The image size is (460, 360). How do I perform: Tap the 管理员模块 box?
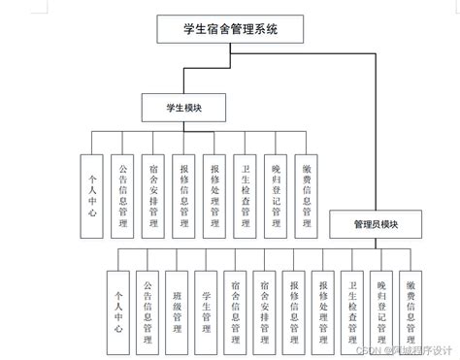(x=376, y=224)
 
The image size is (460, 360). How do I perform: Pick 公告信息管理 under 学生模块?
(x=122, y=195)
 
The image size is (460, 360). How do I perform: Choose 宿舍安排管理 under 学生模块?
(x=153, y=195)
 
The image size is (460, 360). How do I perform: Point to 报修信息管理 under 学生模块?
(x=184, y=195)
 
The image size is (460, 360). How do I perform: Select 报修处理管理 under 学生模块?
(x=214, y=195)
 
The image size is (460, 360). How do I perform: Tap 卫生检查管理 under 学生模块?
(x=246, y=195)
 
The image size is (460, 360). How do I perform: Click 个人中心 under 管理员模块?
(x=119, y=310)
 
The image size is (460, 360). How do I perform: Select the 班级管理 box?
(x=178, y=310)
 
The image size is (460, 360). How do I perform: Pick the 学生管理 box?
(x=207, y=310)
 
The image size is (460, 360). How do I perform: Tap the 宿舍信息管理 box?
(x=236, y=310)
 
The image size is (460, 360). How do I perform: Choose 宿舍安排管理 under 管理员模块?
(x=266, y=310)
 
